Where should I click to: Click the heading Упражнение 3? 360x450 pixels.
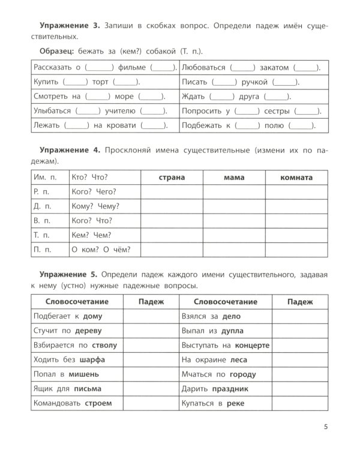pyautogui.click(x=70, y=28)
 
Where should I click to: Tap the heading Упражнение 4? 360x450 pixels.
pyautogui.click(x=70, y=148)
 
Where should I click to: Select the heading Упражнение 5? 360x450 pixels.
pyautogui.click(x=70, y=274)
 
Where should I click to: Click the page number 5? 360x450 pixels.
pyautogui.click(x=325, y=427)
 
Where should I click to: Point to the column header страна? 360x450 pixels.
pyautogui.click(x=171, y=178)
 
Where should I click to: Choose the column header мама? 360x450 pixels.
pyautogui.click(x=233, y=178)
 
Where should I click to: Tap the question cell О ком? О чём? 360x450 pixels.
pyautogui.click(x=100, y=250)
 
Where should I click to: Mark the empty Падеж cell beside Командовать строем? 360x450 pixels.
pyautogui.click(x=151, y=403)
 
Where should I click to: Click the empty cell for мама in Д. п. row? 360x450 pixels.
pyautogui.click(x=233, y=206)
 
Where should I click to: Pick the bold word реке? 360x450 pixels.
pyautogui.click(x=235, y=403)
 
